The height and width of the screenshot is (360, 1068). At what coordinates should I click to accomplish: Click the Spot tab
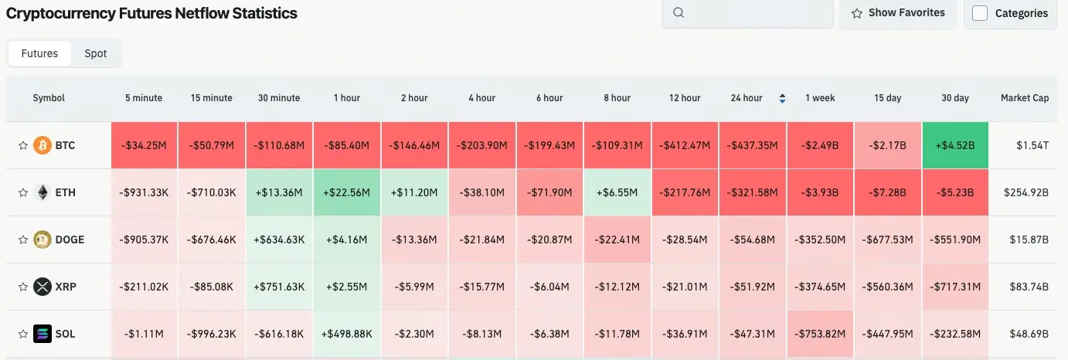(95, 53)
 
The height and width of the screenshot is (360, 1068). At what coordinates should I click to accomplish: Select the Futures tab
(39, 53)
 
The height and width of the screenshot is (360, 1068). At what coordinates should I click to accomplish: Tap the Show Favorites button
(898, 13)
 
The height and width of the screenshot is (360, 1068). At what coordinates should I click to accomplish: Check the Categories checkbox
(980, 13)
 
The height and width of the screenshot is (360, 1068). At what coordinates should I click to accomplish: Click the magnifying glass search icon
(679, 12)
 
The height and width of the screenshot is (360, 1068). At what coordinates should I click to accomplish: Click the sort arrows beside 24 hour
(782, 98)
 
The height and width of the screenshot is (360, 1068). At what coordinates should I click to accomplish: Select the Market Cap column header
(1025, 98)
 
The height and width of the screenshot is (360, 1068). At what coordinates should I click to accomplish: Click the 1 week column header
(820, 98)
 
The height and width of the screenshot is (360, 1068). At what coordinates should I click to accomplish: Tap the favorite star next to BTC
(23, 145)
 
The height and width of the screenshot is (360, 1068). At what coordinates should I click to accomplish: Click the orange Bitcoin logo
(43, 145)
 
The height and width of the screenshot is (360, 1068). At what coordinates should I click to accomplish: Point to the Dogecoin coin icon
(43, 239)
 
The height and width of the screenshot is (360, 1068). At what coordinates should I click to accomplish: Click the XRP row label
(66, 287)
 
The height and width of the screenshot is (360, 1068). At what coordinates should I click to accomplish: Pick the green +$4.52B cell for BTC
(955, 145)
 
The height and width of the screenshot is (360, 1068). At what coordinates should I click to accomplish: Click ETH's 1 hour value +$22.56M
(347, 192)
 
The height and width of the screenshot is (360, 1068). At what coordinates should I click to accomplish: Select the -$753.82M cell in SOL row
(820, 334)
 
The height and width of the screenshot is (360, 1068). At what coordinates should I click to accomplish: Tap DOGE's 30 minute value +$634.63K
(279, 239)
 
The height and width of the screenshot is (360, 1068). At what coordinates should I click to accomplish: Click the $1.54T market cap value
(1032, 145)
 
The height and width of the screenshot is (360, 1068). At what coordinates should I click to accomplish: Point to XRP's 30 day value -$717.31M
(955, 287)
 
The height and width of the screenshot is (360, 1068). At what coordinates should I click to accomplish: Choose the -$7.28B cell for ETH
(888, 192)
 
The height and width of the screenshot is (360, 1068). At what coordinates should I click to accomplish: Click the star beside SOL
(23, 334)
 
